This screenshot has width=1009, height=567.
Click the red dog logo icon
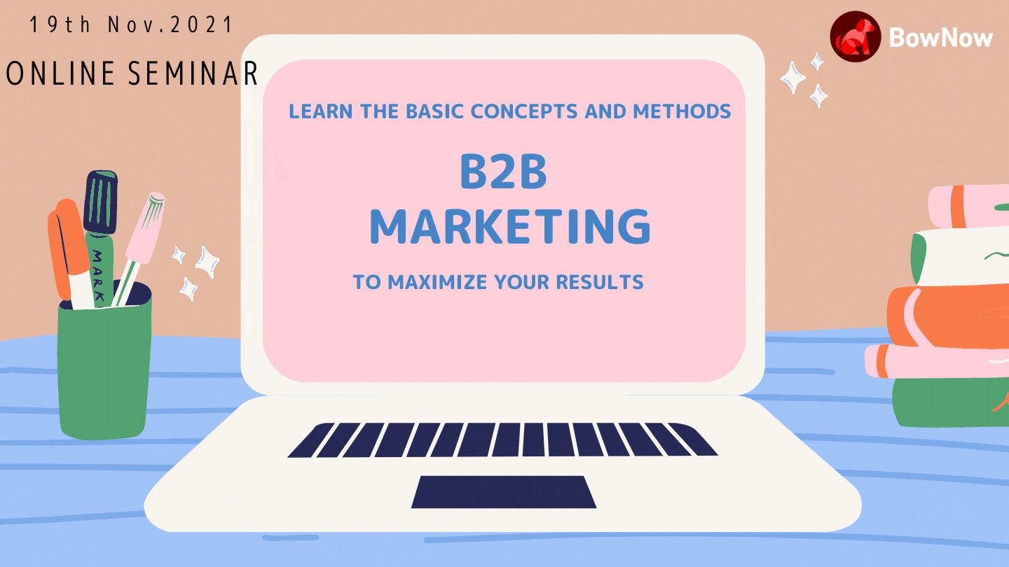click(855, 36)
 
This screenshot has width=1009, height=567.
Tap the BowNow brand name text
click(940, 37)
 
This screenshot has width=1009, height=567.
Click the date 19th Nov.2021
click(130, 24)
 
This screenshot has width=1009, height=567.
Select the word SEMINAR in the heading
click(193, 73)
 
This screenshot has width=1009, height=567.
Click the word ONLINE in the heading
click(60, 73)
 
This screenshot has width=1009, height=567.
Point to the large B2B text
click(503, 171)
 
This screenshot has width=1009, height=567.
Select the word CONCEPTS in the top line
click(524, 111)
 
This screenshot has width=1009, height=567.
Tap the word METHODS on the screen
click(682, 111)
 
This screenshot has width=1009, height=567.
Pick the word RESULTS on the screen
click(600, 283)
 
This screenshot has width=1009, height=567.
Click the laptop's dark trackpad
click(504, 492)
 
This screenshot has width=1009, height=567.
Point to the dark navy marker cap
click(100, 202)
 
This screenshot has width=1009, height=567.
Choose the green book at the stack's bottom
click(950, 402)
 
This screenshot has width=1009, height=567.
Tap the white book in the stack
click(959, 255)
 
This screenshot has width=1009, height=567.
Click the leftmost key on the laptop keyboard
click(311, 440)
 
